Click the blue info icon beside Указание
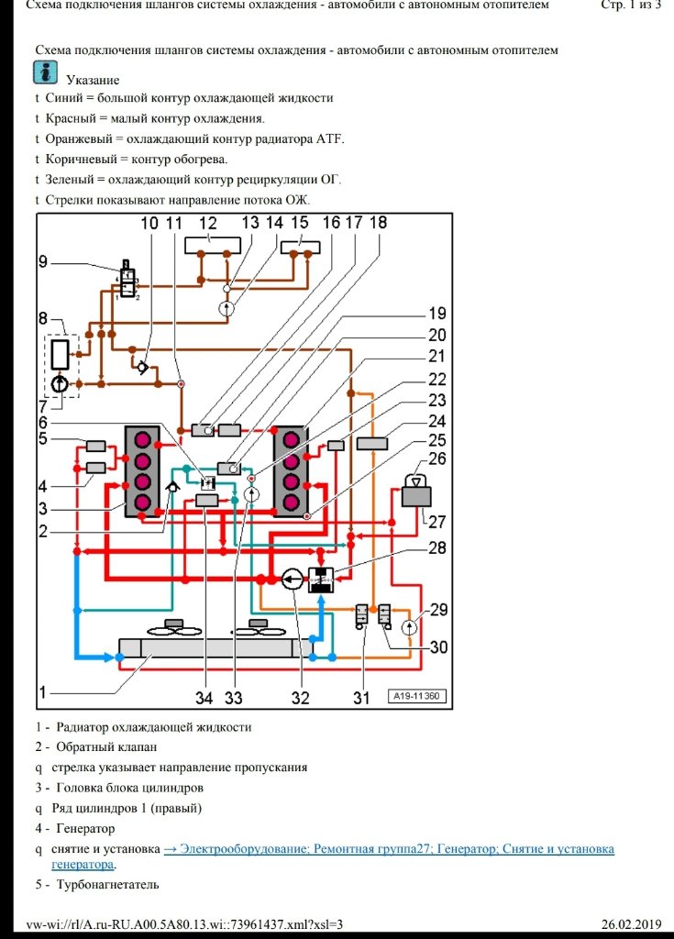click(45, 74)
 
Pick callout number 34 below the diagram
click(204, 699)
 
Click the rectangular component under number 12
click(218, 245)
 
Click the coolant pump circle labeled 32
click(293, 580)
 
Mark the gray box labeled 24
click(373, 444)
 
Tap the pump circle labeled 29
click(410, 627)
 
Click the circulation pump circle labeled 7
click(59, 383)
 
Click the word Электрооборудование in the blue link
click(236, 850)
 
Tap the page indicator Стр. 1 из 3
click(630, 6)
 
